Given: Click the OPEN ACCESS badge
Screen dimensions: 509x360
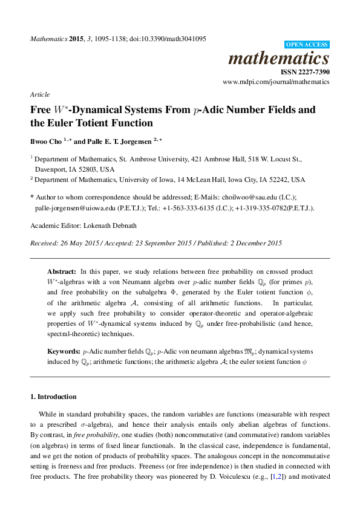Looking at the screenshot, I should tap(307, 45).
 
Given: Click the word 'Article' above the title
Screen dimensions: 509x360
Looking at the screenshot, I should tap(39, 96).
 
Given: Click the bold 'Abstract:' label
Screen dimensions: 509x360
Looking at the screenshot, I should tap(62, 272).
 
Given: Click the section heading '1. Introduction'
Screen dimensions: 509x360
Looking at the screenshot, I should tap(53, 397).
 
